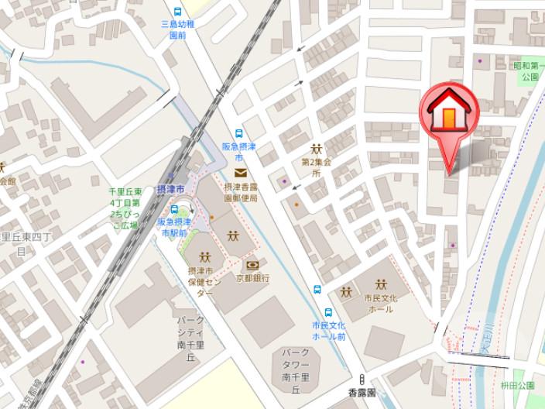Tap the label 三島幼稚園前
tap(177, 29)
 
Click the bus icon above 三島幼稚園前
tap(177, 12)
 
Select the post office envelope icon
tap(240, 172)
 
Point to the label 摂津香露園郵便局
tap(240, 192)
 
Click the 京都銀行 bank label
tap(252, 277)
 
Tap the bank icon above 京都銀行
tap(252, 265)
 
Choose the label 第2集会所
tap(316, 167)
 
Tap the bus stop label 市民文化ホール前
tap(328, 331)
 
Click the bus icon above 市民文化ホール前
tap(317, 290)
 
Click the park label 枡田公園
tap(516, 385)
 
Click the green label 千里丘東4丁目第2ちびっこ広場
tap(125, 208)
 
